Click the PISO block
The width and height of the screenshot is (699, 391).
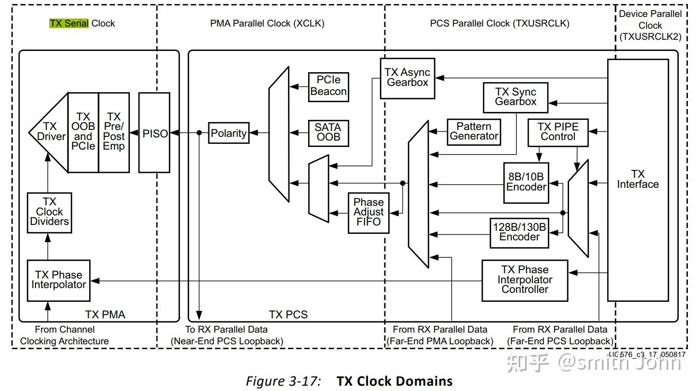point(154,133)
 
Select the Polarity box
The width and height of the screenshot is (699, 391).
point(229,133)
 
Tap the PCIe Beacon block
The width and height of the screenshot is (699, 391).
point(328,86)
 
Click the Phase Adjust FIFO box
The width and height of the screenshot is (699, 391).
point(368,212)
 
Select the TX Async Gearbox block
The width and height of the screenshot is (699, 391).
point(407,77)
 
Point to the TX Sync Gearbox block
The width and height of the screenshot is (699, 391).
point(515,97)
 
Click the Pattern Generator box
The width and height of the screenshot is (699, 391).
point(474,131)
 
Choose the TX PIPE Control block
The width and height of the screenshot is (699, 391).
point(558,132)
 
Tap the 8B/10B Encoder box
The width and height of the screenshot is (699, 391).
point(526,182)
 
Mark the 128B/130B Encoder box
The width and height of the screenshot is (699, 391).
point(519,232)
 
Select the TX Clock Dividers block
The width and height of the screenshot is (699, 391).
point(49,212)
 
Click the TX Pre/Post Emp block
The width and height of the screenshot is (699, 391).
point(113,132)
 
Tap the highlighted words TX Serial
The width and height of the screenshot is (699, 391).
point(69,23)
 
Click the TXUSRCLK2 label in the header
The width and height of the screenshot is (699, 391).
point(650,37)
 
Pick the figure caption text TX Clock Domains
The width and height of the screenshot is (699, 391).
point(395,381)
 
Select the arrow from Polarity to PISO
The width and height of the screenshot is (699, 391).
point(188,133)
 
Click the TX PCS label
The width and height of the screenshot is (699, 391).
point(288,315)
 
